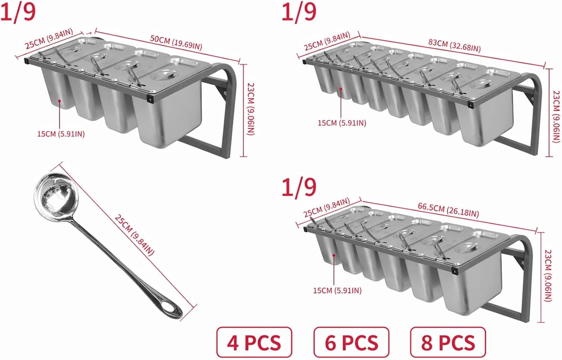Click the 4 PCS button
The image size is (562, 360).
tap(254, 342)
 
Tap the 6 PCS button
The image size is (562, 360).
tap(351, 342)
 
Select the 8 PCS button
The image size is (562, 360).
tap(448, 342)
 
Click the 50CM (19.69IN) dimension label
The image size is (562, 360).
tap(176, 43)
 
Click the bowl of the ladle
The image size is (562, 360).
tap(56, 195)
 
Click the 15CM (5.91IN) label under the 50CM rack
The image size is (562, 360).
tap(61, 134)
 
